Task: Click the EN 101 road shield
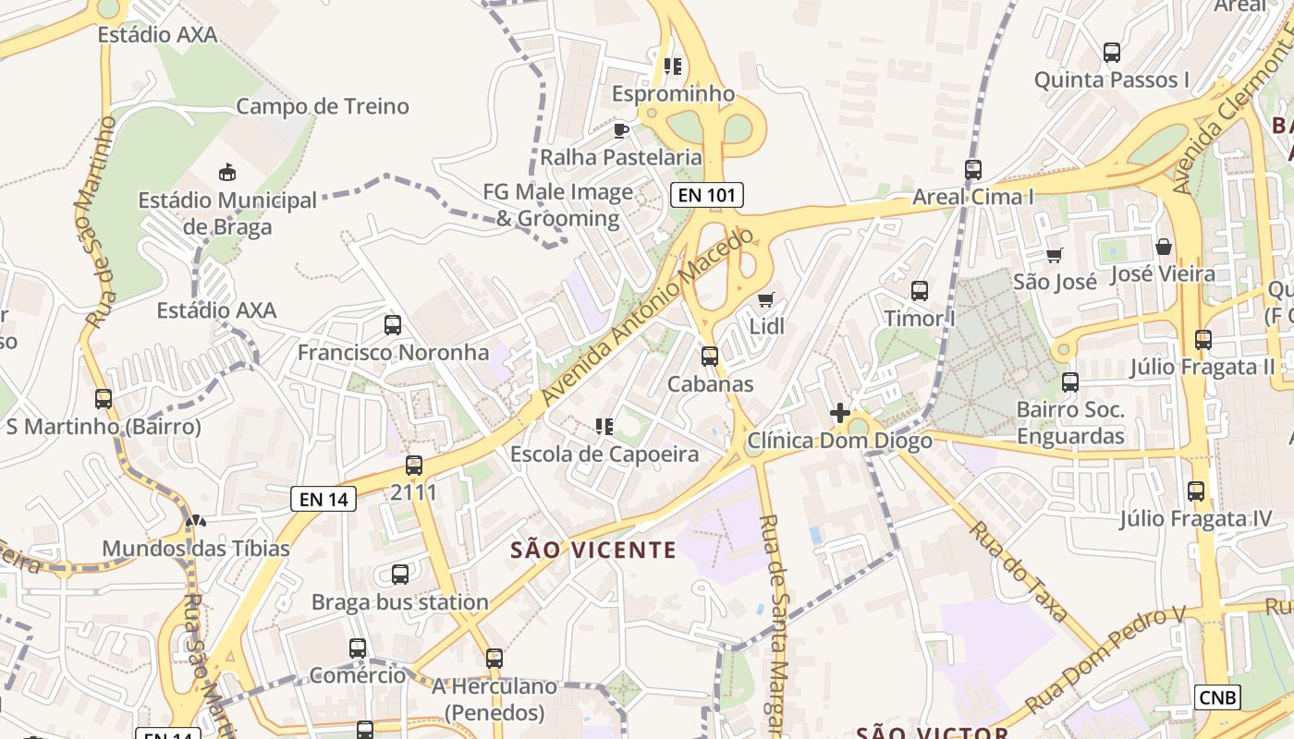(x=707, y=195)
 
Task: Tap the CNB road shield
(x=1217, y=697)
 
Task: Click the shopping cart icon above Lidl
(x=765, y=299)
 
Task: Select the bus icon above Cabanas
(x=710, y=356)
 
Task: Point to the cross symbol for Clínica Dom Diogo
(x=840, y=413)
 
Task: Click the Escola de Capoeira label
(x=604, y=454)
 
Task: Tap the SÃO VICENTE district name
(x=593, y=550)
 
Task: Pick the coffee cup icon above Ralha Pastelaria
(x=621, y=130)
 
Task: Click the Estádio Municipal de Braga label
(x=227, y=213)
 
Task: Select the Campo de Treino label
(x=322, y=106)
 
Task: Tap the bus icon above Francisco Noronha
(x=393, y=325)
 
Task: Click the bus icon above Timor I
(x=920, y=291)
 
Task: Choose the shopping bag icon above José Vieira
(x=1164, y=247)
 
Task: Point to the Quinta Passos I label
(x=1112, y=79)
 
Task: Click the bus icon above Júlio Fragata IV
(x=1196, y=491)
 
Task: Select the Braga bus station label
(x=399, y=602)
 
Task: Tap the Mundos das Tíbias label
(x=196, y=549)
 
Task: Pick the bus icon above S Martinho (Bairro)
(x=104, y=399)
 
